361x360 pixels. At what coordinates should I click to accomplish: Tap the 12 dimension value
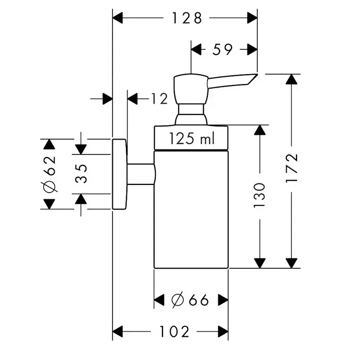click(x=160, y=98)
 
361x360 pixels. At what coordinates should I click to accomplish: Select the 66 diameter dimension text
click(x=191, y=300)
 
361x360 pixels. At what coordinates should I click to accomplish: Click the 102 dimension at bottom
click(x=171, y=332)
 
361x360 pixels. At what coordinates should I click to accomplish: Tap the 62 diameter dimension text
click(x=49, y=174)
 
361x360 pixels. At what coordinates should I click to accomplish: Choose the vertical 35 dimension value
click(x=81, y=174)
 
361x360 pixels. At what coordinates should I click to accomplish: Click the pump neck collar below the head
click(x=191, y=114)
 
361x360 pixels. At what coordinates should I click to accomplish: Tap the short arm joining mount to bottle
click(x=140, y=174)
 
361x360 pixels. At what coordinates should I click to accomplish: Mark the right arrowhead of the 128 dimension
click(x=252, y=18)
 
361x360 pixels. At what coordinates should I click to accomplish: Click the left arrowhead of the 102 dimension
click(x=118, y=332)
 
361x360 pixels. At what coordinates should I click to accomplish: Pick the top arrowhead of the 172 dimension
click(x=292, y=79)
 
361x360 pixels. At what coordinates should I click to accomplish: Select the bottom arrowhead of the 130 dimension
click(x=260, y=263)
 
